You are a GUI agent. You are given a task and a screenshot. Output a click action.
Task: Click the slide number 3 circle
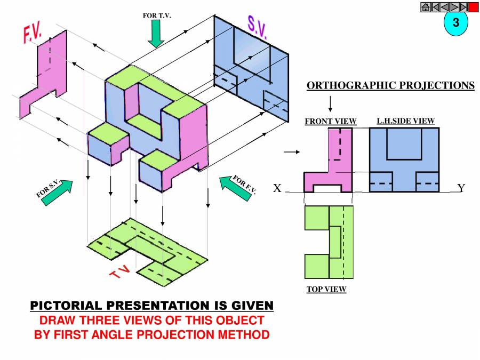[x=455, y=23]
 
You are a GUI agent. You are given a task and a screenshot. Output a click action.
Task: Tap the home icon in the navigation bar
[x=426, y=7]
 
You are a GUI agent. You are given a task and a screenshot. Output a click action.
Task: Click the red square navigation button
[x=474, y=7]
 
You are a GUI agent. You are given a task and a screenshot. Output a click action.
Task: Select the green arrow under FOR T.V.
[x=156, y=35]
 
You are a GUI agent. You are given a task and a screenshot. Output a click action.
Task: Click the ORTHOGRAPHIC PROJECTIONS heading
[x=390, y=85]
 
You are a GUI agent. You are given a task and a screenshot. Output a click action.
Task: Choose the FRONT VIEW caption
[x=330, y=122]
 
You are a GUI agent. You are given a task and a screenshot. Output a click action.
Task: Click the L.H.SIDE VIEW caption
[x=406, y=121]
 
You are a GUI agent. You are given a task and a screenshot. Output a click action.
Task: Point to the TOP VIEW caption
[x=326, y=290]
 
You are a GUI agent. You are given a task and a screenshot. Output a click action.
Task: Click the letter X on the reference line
[x=277, y=188]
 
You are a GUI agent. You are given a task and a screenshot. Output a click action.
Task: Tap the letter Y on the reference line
[x=461, y=188]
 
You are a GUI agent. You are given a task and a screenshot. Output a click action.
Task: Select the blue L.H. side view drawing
[x=404, y=160]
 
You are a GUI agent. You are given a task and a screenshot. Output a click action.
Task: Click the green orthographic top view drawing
[x=328, y=242]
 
